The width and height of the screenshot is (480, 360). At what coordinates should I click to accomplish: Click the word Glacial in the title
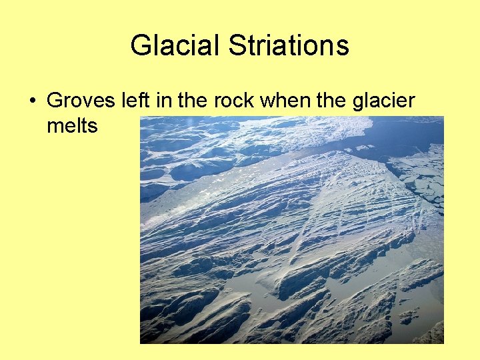(x=175, y=46)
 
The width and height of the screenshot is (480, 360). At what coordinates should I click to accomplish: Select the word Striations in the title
(x=289, y=46)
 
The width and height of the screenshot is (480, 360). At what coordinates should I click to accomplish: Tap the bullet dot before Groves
(x=32, y=102)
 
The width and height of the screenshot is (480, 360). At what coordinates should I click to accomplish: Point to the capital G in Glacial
(x=140, y=46)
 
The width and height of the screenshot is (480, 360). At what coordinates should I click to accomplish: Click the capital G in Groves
(x=55, y=101)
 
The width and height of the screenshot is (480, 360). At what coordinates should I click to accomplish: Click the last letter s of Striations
(x=343, y=47)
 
